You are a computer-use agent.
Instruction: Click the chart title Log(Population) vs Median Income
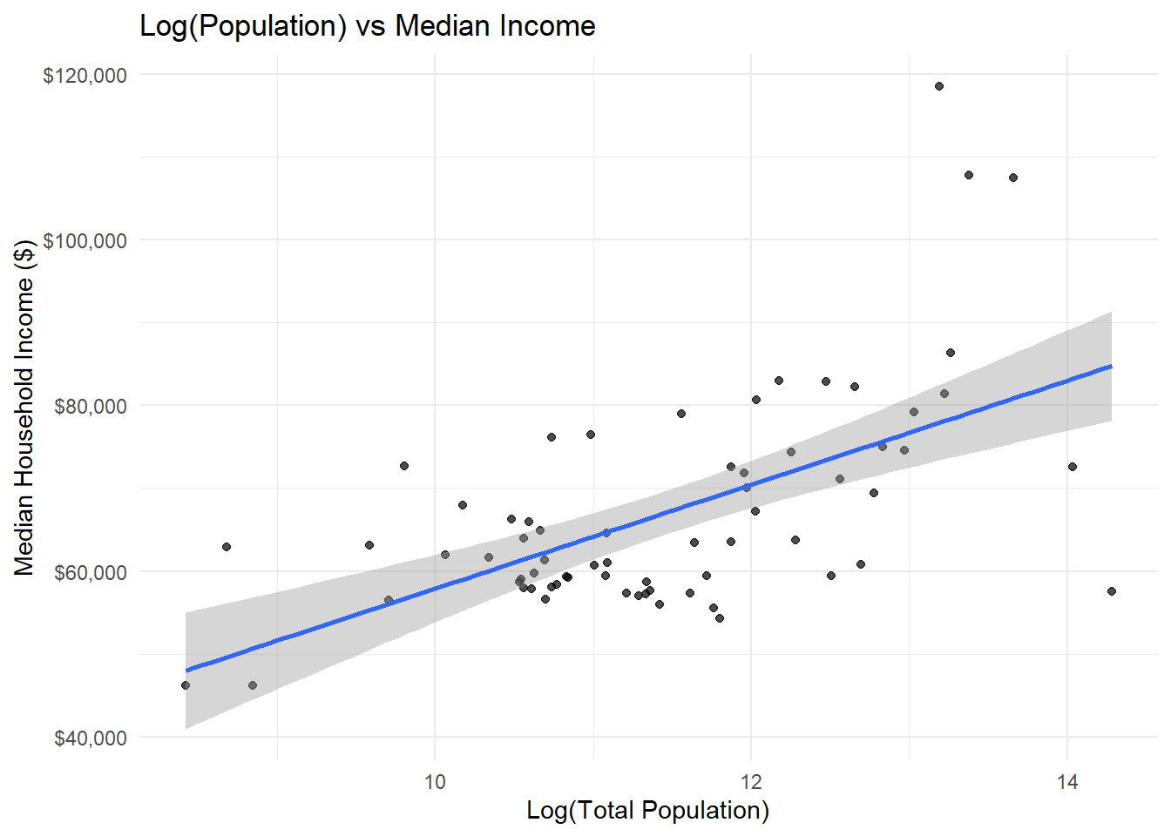tap(367, 26)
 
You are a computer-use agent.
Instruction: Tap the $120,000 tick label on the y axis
tap(85, 75)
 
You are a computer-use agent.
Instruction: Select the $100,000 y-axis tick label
tap(85, 240)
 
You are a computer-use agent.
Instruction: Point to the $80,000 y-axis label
tap(90, 406)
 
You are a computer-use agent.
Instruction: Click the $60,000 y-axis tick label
tap(90, 572)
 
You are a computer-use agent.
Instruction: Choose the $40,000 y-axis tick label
tap(90, 738)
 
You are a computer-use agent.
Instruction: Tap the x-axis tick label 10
tap(435, 781)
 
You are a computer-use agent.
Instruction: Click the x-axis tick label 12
tap(751, 781)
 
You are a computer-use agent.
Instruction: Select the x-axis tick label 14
tap(1067, 781)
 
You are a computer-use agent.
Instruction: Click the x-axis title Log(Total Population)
tap(647, 811)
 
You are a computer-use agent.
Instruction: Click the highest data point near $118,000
tap(939, 86)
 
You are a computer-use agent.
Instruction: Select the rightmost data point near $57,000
tap(1112, 591)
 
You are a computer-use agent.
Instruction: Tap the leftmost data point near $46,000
tap(186, 685)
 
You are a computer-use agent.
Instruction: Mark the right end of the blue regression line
tap(1111, 366)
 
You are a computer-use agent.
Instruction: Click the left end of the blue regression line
tap(186, 671)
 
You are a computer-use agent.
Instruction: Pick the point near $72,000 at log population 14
tap(1073, 467)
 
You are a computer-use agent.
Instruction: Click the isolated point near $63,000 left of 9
tap(227, 547)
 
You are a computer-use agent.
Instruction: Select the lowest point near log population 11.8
tap(720, 618)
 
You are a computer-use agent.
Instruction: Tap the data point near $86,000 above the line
tap(951, 353)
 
